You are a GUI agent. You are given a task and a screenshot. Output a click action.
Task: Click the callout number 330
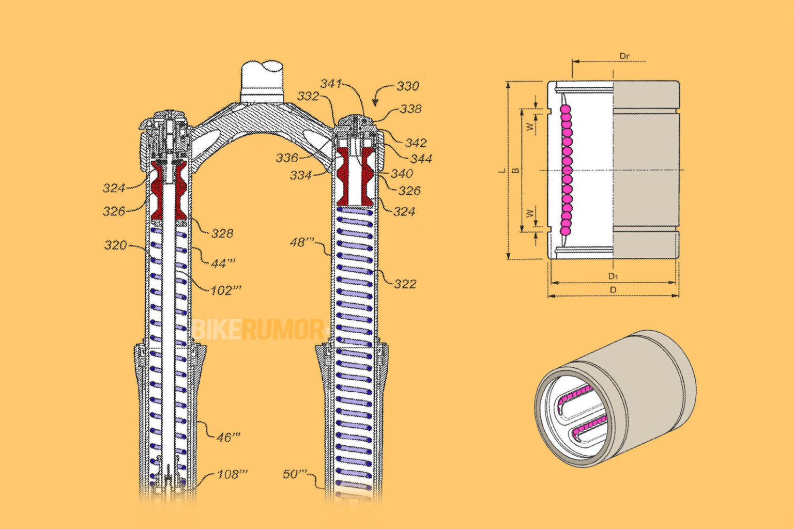click(x=407, y=86)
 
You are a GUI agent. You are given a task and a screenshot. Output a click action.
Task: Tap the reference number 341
click(x=331, y=84)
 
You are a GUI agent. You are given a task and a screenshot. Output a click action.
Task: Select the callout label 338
click(x=410, y=109)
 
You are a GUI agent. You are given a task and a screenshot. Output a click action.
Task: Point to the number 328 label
click(x=222, y=234)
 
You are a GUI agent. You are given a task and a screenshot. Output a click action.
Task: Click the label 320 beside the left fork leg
click(x=115, y=245)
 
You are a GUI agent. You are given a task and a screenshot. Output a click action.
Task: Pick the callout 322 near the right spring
click(x=405, y=284)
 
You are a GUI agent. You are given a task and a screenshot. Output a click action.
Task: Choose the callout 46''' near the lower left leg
click(x=228, y=438)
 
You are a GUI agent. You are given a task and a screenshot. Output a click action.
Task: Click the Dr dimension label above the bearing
click(x=624, y=56)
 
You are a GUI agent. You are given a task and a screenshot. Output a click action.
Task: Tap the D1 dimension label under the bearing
click(x=613, y=276)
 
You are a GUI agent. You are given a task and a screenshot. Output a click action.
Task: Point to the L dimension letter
click(x=501, y=170)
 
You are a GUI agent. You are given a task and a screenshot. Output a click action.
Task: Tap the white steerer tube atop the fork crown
click(x=263, y=80)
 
